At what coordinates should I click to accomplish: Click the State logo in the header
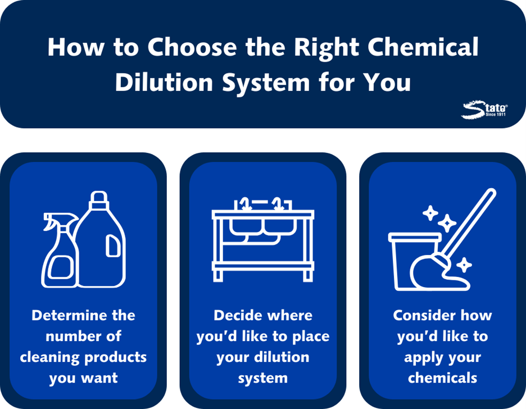[x=484, y=110]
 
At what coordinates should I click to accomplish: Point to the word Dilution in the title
[x=164, y=82]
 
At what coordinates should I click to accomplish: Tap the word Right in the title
[x=327, y=48]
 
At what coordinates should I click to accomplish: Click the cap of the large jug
[x=99, y=200]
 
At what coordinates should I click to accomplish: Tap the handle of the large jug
[x=113, y=246]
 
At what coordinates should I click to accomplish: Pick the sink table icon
[x=263, y=239]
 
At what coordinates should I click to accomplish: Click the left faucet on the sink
[x=245, y=204]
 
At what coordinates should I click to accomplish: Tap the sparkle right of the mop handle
[x=464, y=265]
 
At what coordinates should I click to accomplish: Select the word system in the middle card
[x=263, y=379]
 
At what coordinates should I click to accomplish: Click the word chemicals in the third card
[x=442, y=378]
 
